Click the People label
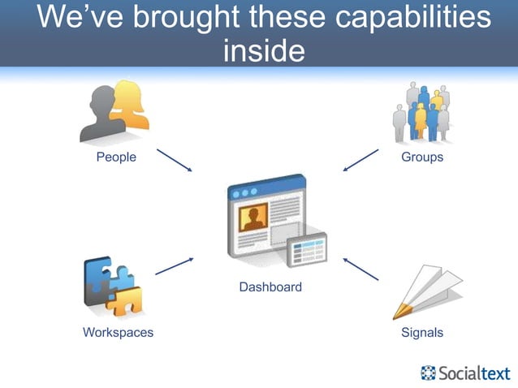point(116,157)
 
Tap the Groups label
point(422,157)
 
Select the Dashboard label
point(270,287)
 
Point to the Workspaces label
point(118,332)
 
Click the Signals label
point(422,332)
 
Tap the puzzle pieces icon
point(113,287)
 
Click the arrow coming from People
point(174,160)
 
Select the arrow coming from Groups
point(360,159)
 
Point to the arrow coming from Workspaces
point(174,266)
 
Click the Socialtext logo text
point(474,373)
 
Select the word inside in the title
point(262,50)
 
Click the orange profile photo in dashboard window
point(253,218)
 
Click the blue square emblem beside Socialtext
point(428,373)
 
